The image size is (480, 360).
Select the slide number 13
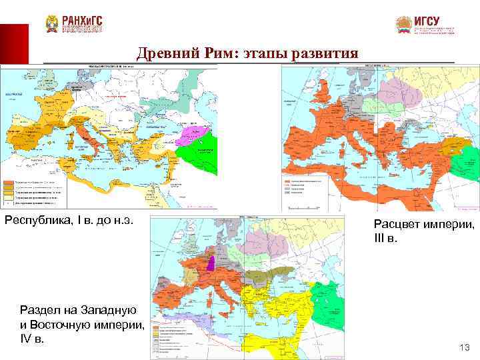[465, 347]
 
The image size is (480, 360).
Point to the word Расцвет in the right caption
[395, 225]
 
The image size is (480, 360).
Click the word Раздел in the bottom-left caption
[43, 310]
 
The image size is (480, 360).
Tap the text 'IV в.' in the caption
[32, 339]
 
